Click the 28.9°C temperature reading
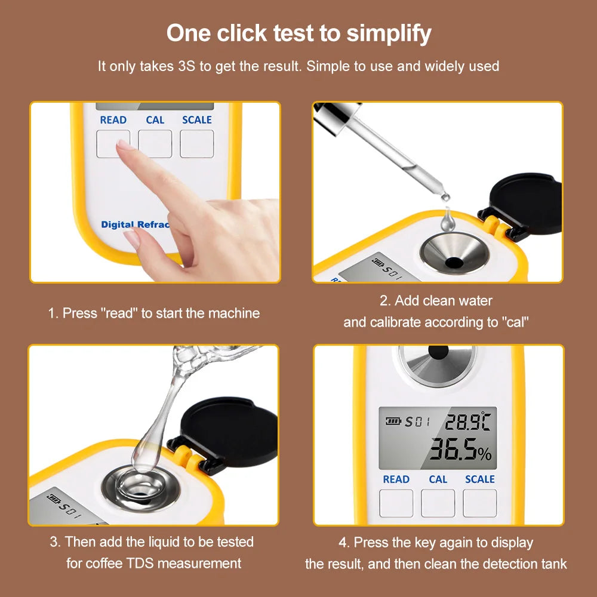pos(467,422)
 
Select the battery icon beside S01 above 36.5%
pos(392,421)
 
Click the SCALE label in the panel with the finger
pos(197,120)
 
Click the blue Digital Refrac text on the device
pos(135,224)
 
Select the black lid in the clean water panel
pos(525,202)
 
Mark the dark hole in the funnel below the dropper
pos(454,261)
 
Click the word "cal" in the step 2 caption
pos(515,323)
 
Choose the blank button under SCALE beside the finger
pos(197,144)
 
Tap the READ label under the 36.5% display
pos(396,479)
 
